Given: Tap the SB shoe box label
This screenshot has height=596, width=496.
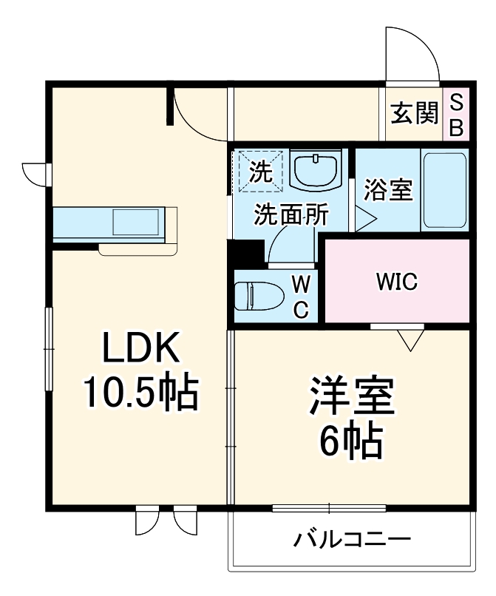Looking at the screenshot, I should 456,115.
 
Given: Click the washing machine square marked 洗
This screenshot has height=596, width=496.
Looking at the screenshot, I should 259,172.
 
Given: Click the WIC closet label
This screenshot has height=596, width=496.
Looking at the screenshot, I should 396,282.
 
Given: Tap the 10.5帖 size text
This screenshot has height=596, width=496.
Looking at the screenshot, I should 140,393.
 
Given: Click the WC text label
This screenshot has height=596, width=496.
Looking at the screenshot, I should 301,297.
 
